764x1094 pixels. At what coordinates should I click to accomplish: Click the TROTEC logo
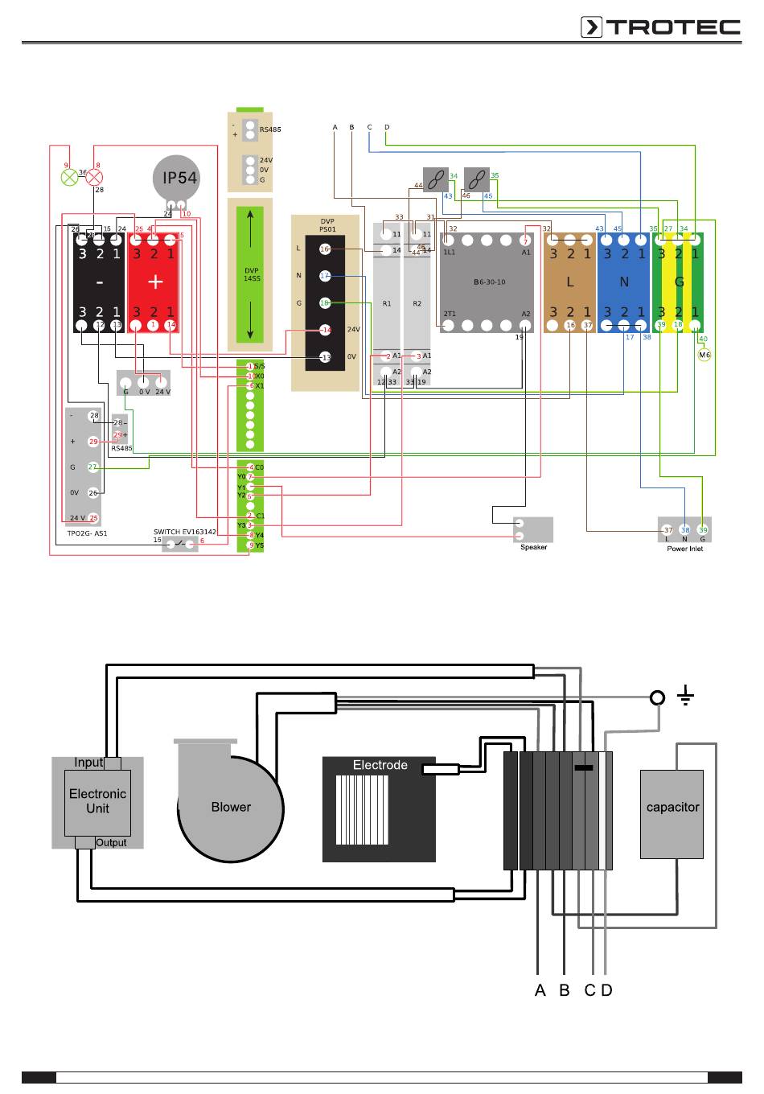click(660, 27)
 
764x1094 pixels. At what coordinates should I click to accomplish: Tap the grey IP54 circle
click(175, 179)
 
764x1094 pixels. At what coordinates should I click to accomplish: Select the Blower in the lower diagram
click(231, 808)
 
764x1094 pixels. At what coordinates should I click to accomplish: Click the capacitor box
click(672, 808)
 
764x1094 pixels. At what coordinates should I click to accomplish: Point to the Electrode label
click(380, 765)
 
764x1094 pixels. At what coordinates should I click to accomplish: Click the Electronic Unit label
click(97, 801)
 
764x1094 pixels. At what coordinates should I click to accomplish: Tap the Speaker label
click(533, 548)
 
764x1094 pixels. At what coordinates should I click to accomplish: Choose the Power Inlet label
click(684, 549)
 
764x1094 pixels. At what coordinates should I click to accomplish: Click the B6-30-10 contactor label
click(489, 282)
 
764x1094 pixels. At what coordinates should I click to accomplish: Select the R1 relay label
click(387, 304)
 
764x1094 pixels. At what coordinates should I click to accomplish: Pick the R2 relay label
click(417, 304)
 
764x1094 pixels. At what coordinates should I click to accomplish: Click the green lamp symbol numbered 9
click(70, 176)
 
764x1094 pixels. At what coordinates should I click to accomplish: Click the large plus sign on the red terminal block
click(154, 282)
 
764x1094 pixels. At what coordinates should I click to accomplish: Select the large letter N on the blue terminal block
click(624, 282)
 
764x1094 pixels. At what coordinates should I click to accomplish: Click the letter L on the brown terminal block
click(569, 282)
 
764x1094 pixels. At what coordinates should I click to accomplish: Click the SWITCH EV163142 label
click(185, 532)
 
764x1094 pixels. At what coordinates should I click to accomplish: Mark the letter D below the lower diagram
click(607, 990)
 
